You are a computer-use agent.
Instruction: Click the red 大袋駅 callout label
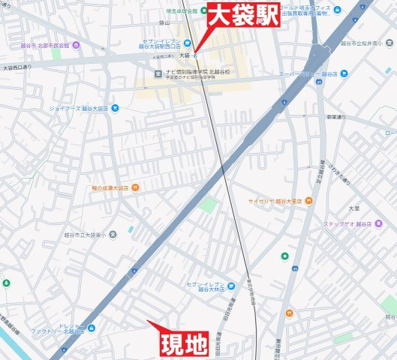click(x=243, y=15)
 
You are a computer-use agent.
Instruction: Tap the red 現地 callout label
click(x=185, y=343)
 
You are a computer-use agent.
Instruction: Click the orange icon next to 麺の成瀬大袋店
click(x=134, y=187)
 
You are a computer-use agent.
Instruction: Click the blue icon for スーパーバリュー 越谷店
click(x=344, y=73)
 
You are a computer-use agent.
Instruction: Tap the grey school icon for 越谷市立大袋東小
click(x=113, y=234)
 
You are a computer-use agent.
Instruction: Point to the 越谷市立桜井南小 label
click(x=368, y=43)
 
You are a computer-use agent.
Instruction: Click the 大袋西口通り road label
click(x=18, y=67)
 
